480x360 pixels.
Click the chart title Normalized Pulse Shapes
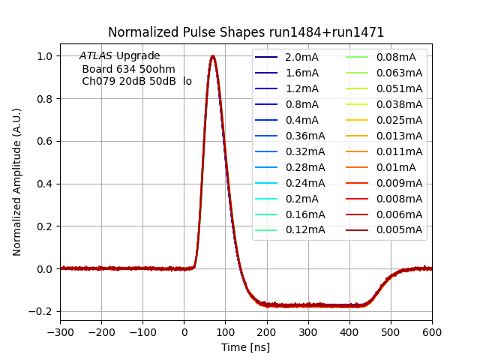[x=246, y=32]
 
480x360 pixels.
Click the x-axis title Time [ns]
[x=245, y=347]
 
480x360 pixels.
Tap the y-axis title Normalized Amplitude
[x=17, y=182]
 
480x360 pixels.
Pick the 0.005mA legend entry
[x=398, y=229]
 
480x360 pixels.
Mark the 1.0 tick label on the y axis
[x=45, y=56]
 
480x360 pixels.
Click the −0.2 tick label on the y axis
[x=42, y=311]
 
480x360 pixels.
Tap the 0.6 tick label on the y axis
[x=45, y=141]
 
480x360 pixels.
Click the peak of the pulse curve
[x=213, y=56]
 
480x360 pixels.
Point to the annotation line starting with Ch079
[x=136, y=81]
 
